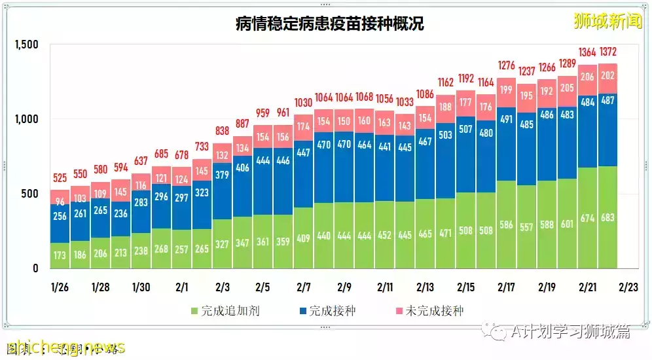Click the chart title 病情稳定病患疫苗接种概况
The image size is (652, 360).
[x=329, y=24]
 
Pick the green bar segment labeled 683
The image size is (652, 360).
[x=607, y=218]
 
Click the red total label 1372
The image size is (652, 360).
[x=607, y=52]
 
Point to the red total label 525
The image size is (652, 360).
[x=60, y=177]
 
